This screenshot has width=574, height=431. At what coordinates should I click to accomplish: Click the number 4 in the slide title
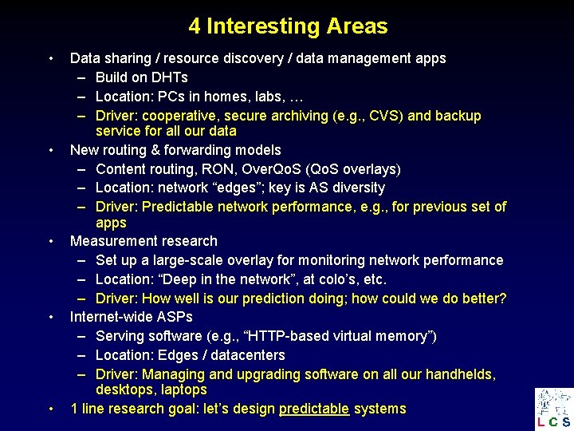[195, 26]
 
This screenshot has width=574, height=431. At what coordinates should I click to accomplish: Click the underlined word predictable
[313, 409]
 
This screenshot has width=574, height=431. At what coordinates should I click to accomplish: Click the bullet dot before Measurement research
[50, 241]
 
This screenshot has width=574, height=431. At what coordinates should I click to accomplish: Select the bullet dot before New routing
[50, 150]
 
